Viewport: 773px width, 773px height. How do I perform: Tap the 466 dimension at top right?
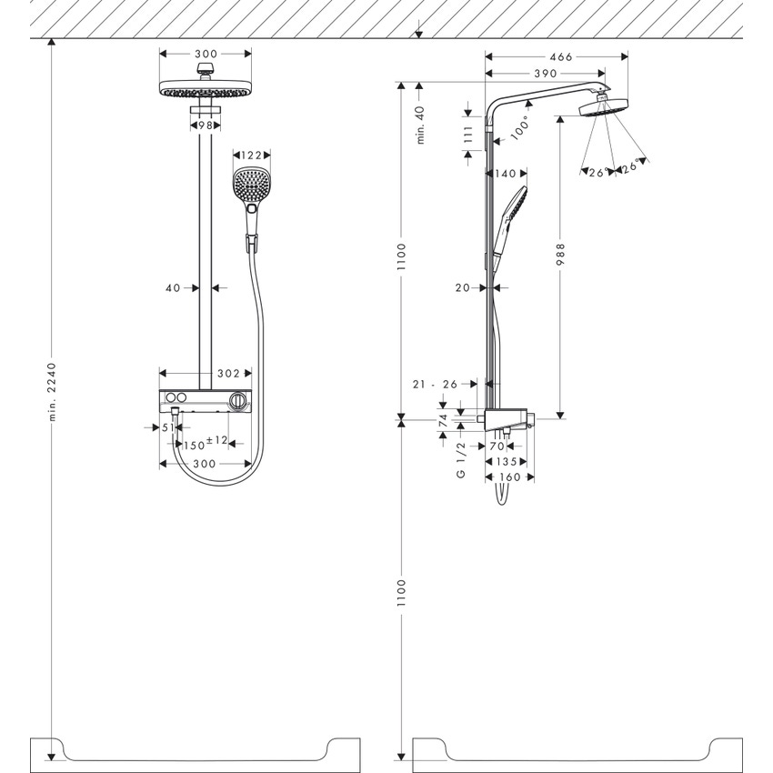click(561, 56)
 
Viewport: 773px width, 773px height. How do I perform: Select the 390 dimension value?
click(546, 72)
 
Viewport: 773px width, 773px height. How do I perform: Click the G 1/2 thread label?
click(461, 461)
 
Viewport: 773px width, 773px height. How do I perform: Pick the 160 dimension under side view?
click(509, 477)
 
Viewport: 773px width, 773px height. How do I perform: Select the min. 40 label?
click(420, 125)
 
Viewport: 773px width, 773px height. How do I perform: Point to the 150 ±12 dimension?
click(204, 444)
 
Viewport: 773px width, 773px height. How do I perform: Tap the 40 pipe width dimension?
click(172, 287)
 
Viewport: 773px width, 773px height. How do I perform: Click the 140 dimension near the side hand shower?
click(506, 173)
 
